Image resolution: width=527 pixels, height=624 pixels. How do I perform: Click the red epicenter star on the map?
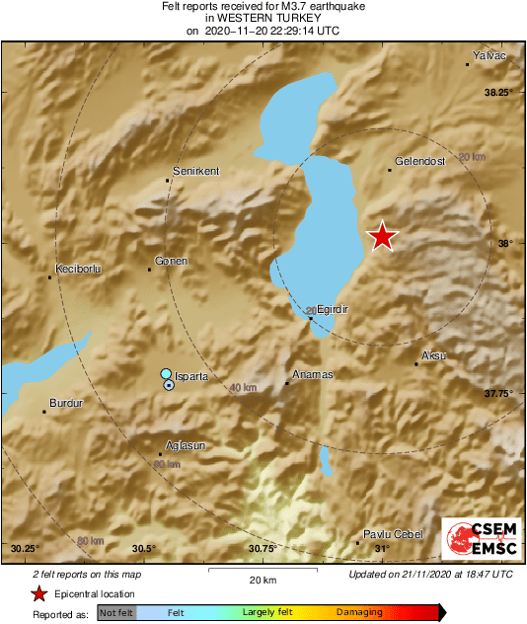point(383,236)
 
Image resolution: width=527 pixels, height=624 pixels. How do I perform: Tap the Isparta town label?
point(188,378)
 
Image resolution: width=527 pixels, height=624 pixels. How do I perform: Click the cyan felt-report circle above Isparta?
point(167,374)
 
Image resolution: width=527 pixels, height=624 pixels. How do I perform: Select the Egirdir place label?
point(335,309)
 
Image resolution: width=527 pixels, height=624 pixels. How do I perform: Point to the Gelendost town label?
point(419,160)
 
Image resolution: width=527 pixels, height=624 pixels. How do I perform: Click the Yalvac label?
point(489,56)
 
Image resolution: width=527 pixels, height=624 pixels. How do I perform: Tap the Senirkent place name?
point(195,171)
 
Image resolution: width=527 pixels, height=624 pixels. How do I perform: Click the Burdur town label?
point(66,403)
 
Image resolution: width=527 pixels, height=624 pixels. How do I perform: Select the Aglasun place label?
point(185,445)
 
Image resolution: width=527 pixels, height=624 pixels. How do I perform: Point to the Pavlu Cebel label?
point(394,533)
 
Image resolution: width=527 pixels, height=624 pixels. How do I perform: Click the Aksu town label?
point(433,354)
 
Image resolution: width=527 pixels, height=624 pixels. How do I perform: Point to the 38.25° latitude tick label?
point(499,92)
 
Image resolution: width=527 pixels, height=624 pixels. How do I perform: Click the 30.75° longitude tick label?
point(263,548)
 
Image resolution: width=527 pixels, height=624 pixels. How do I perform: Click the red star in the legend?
point(38,593)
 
